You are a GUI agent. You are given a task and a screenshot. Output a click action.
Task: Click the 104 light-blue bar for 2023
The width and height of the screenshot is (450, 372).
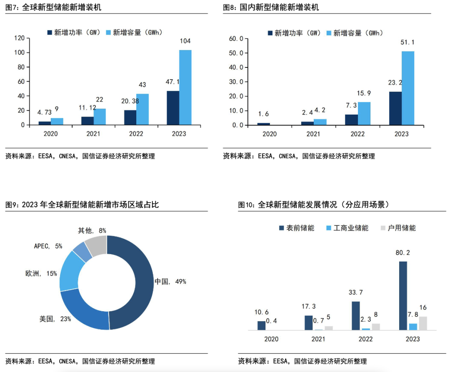coord(185,87)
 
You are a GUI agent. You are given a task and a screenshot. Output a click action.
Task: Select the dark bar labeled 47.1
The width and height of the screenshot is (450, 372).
coord(173,107)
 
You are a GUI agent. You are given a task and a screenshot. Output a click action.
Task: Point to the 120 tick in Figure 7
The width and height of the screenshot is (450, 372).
coord(19,38)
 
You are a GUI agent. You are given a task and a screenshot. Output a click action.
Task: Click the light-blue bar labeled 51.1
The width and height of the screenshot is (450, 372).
coord(408,88)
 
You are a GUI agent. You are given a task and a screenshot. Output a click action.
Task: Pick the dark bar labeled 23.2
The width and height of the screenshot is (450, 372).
coord(395,108)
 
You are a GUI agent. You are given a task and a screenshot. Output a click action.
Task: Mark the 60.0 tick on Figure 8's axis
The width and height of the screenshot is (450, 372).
coord(236,39)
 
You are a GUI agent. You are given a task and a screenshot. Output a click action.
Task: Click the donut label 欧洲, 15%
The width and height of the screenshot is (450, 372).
coord(41,274)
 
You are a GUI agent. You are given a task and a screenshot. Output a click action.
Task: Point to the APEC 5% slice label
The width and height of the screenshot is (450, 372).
coord(48,246)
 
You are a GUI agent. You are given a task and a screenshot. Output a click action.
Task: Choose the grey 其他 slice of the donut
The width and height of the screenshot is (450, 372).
coord(97,245)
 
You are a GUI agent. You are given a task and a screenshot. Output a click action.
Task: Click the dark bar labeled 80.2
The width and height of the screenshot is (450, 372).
coord(402,296)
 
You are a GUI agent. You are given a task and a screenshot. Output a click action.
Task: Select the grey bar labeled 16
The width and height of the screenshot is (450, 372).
coord(423,323)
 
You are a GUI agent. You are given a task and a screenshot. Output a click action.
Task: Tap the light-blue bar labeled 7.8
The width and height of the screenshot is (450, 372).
coord(413,327)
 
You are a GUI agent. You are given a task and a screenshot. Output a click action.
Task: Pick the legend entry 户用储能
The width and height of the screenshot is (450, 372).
coord(399,228)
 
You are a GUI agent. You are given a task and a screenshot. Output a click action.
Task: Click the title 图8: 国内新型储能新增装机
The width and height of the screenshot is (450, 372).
coord(271,7)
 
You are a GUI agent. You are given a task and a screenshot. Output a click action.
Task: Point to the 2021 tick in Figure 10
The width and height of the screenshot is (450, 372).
coord(319,339)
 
